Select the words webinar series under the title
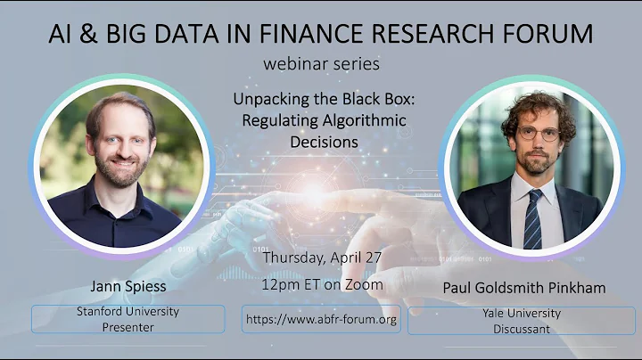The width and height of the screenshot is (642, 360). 320,64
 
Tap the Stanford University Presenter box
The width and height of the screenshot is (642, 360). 128,319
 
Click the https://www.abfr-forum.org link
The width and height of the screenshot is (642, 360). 321,319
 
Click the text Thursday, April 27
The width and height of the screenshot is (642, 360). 321,258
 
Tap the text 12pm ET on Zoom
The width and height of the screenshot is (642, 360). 323,284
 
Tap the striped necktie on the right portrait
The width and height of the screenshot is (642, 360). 532,218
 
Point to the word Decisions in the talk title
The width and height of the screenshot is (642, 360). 323,141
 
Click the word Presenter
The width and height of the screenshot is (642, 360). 128,327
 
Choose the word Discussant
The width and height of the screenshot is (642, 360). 520,328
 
